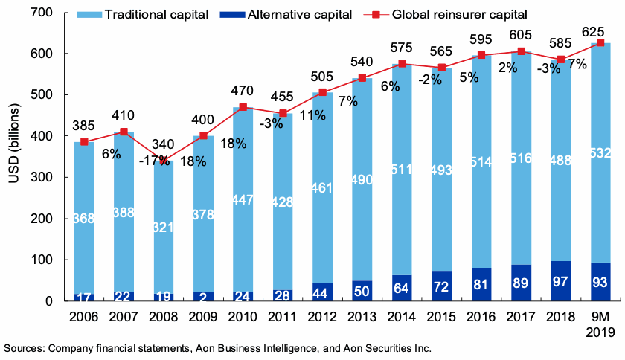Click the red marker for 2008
pos(164,161)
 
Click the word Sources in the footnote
pos(25,348)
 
